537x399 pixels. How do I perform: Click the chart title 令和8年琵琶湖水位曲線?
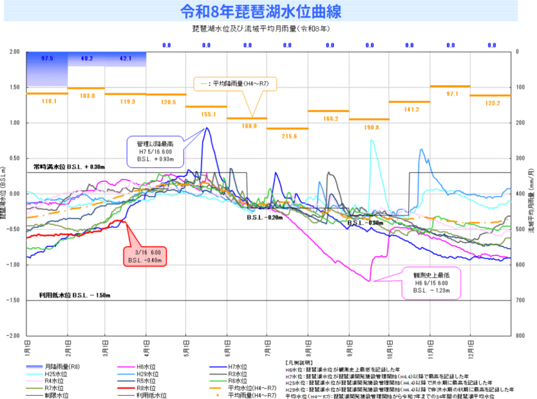click(x=268, y=12)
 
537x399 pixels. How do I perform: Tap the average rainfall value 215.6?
click(x=289, y=136)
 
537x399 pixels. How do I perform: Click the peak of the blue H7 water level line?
click(x=207, y=128)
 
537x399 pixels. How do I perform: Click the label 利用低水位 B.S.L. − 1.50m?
click(x=70, y=296)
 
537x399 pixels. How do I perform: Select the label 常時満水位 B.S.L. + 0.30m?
click(x=70, y=167)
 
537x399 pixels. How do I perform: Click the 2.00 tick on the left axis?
click(x=15, y=52)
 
